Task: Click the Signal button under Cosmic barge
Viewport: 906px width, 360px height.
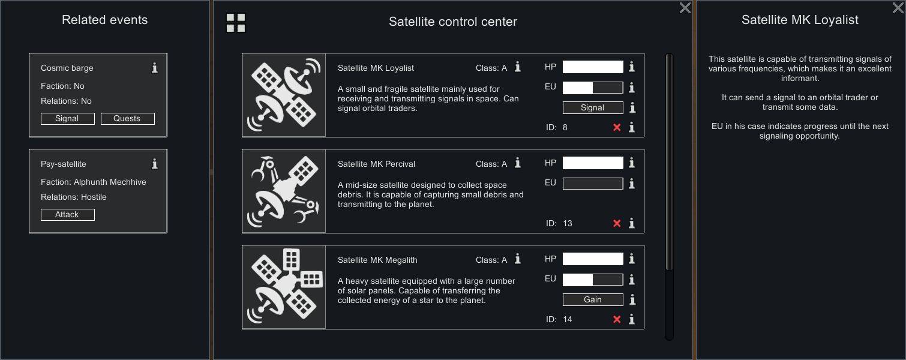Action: pyautogui.click(x=68, y=119)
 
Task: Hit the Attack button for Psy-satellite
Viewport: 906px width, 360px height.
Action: pyautogui.click(x=68, y=214)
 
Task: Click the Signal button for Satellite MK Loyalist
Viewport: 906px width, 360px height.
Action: pyautogui.click(x=593, y=107)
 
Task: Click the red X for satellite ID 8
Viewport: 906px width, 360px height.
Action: pyautogui.click(x=617, y=127)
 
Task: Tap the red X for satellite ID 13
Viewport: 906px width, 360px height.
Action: pyautogui.click(x=617, y=223)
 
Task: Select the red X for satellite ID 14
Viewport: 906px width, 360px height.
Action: pyautogui.click(x=617, y=320)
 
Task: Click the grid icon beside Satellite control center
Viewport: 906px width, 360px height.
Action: pyautogui.click(x=235, y=23)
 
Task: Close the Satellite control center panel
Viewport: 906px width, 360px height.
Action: pyautogui.click(x=685, y=8)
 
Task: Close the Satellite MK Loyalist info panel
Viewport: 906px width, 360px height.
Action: pyautogui.click(x=898, y=8)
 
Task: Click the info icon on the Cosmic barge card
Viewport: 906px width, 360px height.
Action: pyautogui.click(x=155, y=68)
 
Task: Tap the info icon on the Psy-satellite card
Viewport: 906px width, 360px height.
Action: pyautogui.click(x=155, y=164)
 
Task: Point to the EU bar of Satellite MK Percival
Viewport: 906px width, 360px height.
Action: pyautogui.click(x=593, y=184)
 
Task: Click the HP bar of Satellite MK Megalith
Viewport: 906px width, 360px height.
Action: pyautogui.click(x=593, y=259)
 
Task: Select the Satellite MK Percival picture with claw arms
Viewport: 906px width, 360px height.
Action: pyautogui.click(x=284, y=191)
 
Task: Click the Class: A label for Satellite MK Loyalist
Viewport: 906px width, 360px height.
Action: pyautogui.click(x=491, y=68)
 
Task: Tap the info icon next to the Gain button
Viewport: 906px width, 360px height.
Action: pyautogui.click(x=632, y=300)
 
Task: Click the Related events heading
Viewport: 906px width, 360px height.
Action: pyautogui.click(x=105, y=20)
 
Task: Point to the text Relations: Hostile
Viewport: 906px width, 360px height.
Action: pyautogui.click(x=74, y=197)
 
